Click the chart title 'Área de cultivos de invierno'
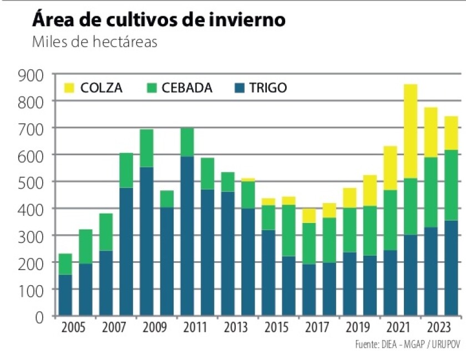click(x=159, y=19)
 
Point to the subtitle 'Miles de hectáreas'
click(x=95, y=42)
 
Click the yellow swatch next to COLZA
click(x=69, y=88)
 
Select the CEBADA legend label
click(x=187, y=88)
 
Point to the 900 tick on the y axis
click(x=32, y=74)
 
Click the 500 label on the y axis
click(x=32, y=182)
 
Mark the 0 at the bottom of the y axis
click(x=40, y=317)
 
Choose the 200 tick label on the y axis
click(x=32, y=263)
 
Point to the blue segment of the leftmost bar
click(x=66, y=295)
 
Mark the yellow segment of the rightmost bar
click(x=450, y=133)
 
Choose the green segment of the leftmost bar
click(x=66, y=264)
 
